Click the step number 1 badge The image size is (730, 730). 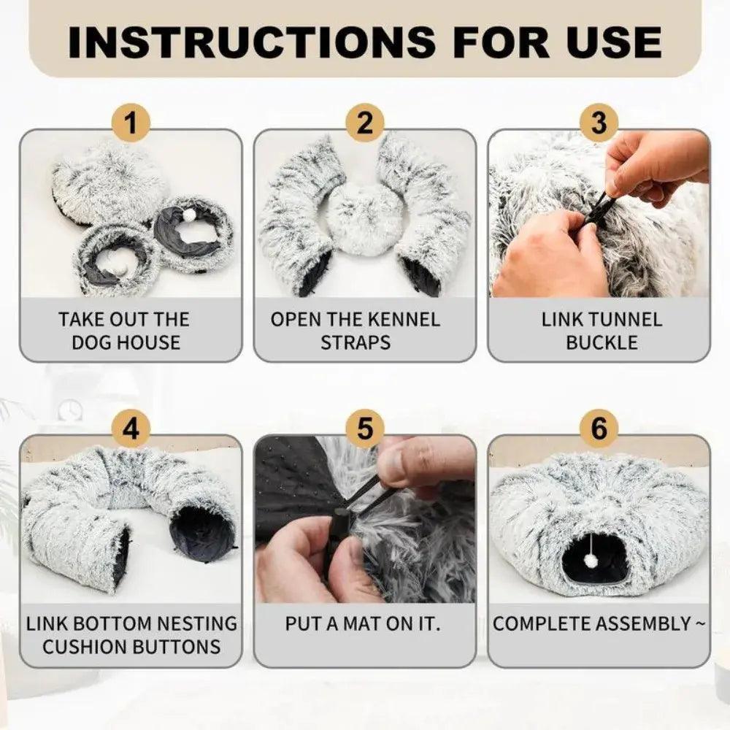(x=131, y=123)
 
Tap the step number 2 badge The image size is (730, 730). (x=365, y=123)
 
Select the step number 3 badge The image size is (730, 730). (x=599, y=123)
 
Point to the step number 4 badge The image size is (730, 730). (x=131, y=429)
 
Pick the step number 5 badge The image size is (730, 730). (x=365, y=429)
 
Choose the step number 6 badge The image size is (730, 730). (x=599, y=429)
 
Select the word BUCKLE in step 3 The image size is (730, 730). (x=602, y=342)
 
